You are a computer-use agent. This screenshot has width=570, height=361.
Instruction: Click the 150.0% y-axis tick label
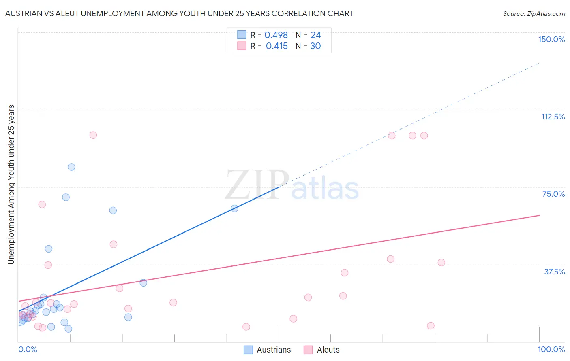tap(551, 39)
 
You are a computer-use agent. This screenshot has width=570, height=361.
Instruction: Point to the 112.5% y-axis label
tap(553, 117)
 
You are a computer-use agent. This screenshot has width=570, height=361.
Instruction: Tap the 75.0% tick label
tap(553, 194)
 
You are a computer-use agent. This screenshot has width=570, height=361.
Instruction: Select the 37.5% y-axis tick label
tap(554, 272)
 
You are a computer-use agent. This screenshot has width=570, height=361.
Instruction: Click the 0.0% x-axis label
tap(28, 349)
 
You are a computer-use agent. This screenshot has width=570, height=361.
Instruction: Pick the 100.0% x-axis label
tap(551, 349)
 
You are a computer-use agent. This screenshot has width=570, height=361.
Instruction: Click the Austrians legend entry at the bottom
tap(274, 350)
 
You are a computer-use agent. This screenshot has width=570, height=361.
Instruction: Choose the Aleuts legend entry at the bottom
tap(328, 350)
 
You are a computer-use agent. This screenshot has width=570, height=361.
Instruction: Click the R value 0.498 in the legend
tap(276, 35)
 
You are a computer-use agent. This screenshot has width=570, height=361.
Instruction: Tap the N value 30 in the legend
tap(315, 46)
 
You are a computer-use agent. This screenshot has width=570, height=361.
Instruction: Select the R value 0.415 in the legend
tap(277, 46)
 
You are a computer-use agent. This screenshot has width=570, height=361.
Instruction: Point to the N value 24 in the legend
tap(316, 35)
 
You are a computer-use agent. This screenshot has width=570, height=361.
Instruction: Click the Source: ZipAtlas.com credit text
tap(534, 13)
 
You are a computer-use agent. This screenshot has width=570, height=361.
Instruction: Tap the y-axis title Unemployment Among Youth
tap(11, 185)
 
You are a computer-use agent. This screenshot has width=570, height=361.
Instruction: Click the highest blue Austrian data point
tap(71, 167)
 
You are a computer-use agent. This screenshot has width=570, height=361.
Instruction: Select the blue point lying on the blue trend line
tap(234, 208)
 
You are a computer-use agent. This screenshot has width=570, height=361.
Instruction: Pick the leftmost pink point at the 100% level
tap(93, 135)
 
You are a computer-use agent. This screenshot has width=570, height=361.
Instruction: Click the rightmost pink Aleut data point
tap(441, 263)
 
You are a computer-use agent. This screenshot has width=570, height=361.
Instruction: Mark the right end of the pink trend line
tap(539, 215)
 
